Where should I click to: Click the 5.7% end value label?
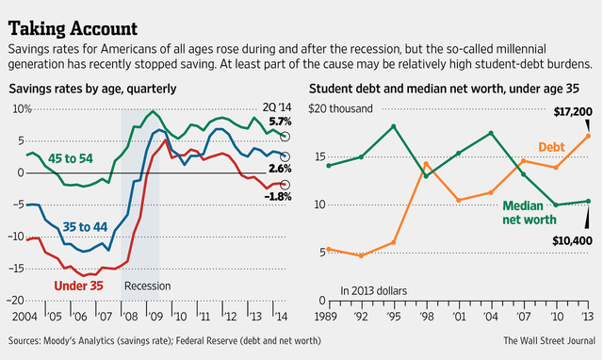click(281, 123)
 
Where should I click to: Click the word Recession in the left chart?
click(148, 286)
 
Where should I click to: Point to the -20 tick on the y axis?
click(18, 300)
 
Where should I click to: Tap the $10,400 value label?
click(570, 240)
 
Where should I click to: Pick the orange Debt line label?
click(553, 147)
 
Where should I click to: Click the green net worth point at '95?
click(393, 126)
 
